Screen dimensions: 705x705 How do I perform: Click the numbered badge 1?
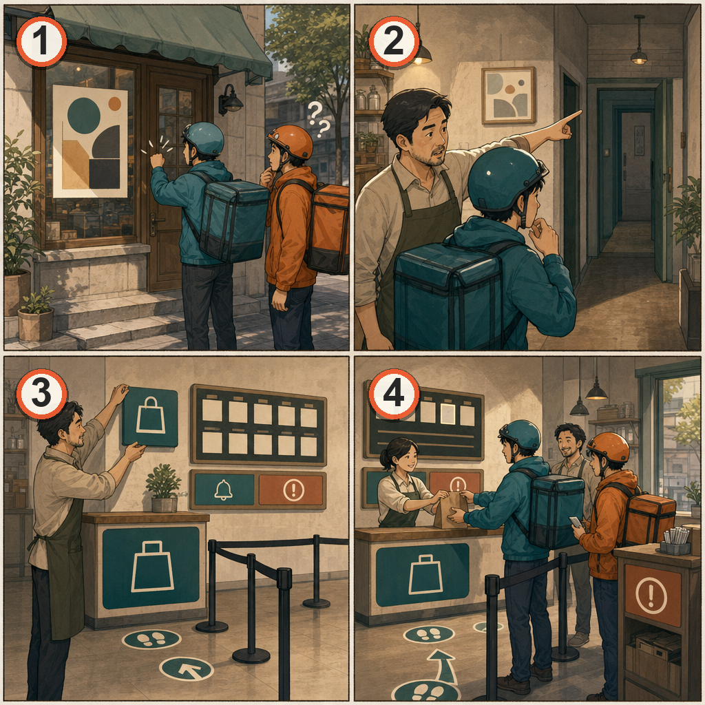41,41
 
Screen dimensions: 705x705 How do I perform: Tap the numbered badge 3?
41,393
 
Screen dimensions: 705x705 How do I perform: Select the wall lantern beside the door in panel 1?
230,99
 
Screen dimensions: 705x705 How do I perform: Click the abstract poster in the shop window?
90,141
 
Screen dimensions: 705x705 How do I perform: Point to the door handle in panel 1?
154,224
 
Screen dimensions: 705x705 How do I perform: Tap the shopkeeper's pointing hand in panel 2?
565,125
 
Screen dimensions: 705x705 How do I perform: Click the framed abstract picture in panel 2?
509,95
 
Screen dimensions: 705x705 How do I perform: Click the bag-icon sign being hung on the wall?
150,417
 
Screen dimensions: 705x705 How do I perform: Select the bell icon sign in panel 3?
224,490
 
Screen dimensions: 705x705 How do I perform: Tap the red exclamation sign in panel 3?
291,490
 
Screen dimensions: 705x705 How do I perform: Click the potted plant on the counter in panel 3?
163,488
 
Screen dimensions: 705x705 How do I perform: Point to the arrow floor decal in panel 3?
187,669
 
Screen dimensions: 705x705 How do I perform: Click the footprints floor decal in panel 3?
151,639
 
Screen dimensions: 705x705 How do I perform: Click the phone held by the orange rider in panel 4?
576,522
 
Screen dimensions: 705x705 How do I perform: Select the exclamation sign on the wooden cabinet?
653,594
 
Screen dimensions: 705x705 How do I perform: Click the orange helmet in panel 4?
608,448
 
